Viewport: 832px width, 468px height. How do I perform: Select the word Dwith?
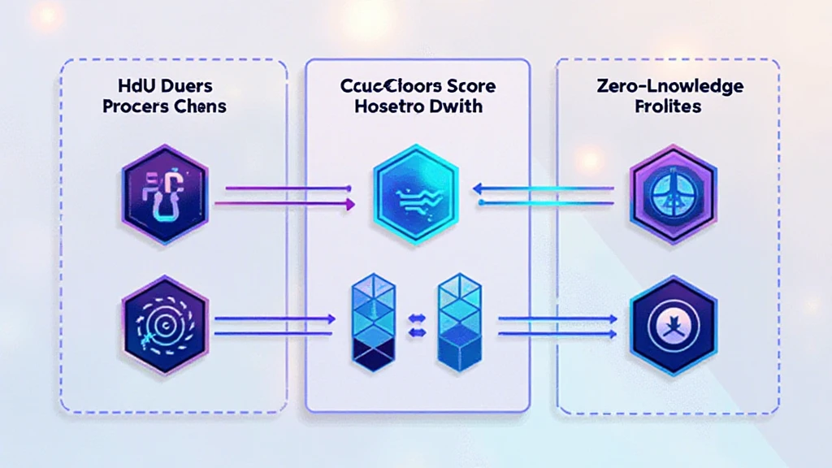coord(457,106)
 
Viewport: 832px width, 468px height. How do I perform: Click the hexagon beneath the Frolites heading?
coord(672,193)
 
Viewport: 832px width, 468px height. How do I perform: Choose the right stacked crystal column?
coord(459,323)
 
